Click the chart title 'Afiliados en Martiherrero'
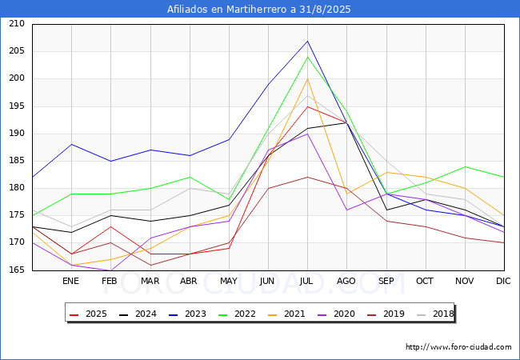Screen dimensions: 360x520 pos(259,10)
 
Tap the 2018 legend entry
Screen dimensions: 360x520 pos(433,314)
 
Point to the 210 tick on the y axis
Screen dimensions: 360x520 pos(16,24)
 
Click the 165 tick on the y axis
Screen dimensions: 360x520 pos(16,270)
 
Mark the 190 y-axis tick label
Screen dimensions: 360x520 pos(16,134)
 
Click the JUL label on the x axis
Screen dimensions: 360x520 pos(307,282)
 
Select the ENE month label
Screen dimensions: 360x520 pos(71,282)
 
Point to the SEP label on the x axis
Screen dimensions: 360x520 pos(386,282)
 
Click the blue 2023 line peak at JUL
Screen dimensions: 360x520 pos(307,41)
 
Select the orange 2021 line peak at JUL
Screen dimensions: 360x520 pos(307,78)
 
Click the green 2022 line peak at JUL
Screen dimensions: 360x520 pos(307,57)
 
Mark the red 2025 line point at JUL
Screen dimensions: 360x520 pos(307,106)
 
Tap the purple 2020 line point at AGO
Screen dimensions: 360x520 pos(346,210)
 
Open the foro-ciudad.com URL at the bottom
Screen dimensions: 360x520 pos(458,347)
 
